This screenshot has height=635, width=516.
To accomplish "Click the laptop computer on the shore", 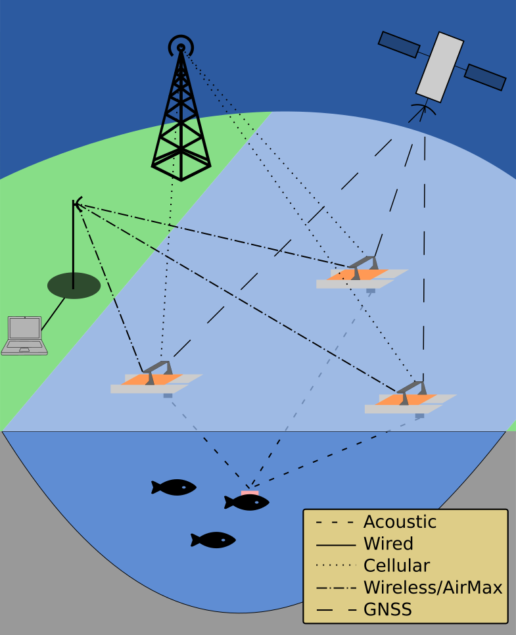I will pyautogui.click(x=24, y=335).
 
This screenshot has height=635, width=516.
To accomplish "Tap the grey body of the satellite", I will pyautogui.click(x=440, y=66).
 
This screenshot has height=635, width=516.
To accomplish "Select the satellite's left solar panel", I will pyautogui.click(x=398, y=44).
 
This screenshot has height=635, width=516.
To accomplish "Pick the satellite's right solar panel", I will pyautogui.click(x=485, y=77).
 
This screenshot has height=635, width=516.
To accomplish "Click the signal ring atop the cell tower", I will pyautogui.click(x=181, y=46).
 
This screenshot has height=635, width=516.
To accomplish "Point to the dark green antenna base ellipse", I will pyautogui.click(x=74, y=285).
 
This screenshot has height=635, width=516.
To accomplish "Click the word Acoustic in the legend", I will pyautogui.click(x=400, y=522).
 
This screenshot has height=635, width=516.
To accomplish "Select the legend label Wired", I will pyautogui.click(x=388, y=544).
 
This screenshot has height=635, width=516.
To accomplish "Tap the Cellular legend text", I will pyautogui.click(x=396, y=565).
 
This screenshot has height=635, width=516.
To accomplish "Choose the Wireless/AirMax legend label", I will pyautogui.click(x=433, y=588).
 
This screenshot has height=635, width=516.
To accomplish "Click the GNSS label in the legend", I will pyautogui.click(x=387, y=609).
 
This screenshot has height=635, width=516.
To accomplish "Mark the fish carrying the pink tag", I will pyautogui.click(x=247, y=503).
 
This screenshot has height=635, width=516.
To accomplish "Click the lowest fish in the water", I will pyautogui.click(x=214, y=540).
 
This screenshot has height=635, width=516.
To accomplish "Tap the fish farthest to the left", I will pyautogui.click(x=174, y=487).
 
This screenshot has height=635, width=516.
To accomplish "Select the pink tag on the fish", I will pyautogui.click(x=250, y=493).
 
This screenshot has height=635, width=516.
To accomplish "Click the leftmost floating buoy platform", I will pyautogui.click(x=156, y=381).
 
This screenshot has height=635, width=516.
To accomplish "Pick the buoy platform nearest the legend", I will pyautogui.click(x=410, y=401).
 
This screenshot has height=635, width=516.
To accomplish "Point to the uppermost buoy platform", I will pyautogui.click(x=362, y=276).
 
